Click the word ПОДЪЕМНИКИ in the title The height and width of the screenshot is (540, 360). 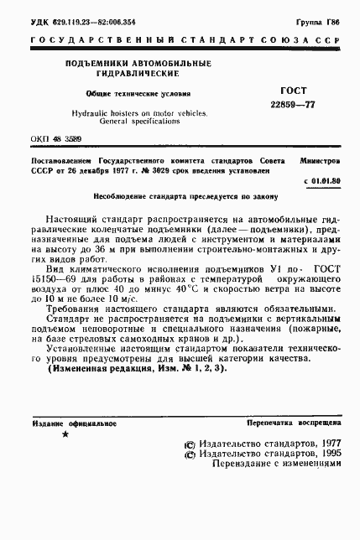90,65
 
